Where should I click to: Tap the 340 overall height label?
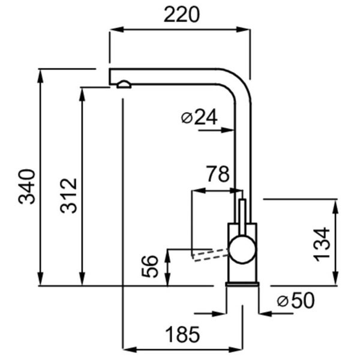pyautogui.click(x=26, y=186)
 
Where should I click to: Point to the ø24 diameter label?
pyautogui.click(x=199, y=118)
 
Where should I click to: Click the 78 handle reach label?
pyautogui.click(x=217, y=174)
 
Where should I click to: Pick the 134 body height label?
pyautogui.click(x=322, y=244)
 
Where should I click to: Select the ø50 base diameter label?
pyautogui.click(x=296, y=301)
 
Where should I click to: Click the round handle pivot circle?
pyautogui.click(x=242, y=249)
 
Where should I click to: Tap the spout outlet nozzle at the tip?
pyautogui.click(x=124, y=85)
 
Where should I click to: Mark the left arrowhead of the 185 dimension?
pyautogui.click(x=127, y=349)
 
